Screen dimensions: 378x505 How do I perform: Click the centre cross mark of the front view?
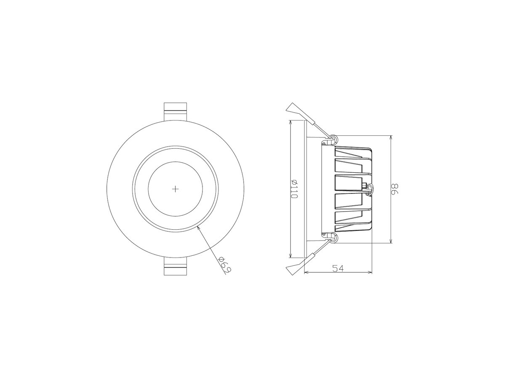pyautogui.click(x=176, y=189)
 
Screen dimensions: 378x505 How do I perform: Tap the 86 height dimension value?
pyautogui.click(x=394, y=189)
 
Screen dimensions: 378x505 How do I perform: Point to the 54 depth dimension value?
pyautogui.click(x=338, y=268)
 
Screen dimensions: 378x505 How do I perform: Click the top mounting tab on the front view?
pyautogui.click(x=175, y=111)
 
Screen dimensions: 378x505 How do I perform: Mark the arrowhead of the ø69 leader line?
pyautogui.click(x=198, y=228)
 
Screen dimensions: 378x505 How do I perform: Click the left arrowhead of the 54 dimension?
pyautogui.click(x=306, y=273)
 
